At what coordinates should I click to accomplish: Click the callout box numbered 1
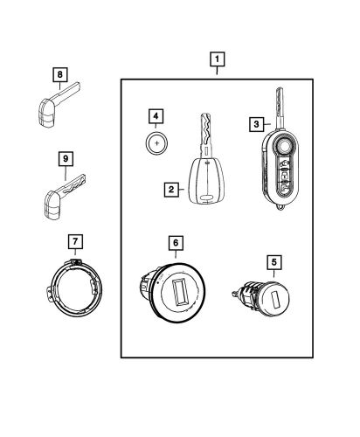216,61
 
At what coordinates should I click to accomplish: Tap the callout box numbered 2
173,188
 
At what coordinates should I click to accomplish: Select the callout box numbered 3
258,124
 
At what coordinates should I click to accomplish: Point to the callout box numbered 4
155,115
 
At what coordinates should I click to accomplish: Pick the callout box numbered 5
273,260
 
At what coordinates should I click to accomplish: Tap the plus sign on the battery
156,141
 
